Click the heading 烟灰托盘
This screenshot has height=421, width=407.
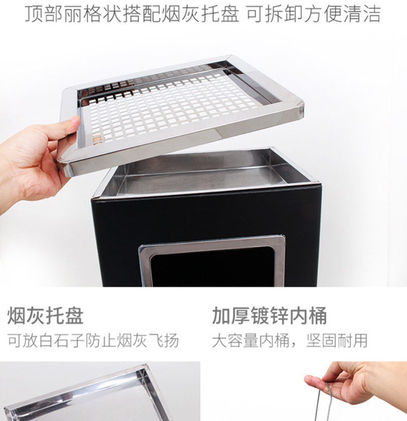tap(45, 316)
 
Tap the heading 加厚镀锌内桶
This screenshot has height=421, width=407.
tap(269, 316)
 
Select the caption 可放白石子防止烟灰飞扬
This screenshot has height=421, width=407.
tap(93, 341)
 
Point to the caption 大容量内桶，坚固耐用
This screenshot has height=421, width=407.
tap(290, 341)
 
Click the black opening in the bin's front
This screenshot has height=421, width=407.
tap(212, 270)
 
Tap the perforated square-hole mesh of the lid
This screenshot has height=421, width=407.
tap(172, 107)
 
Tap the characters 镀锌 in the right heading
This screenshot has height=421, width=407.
tap(269, 316)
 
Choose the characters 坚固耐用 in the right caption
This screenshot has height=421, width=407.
tap(337, 341)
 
